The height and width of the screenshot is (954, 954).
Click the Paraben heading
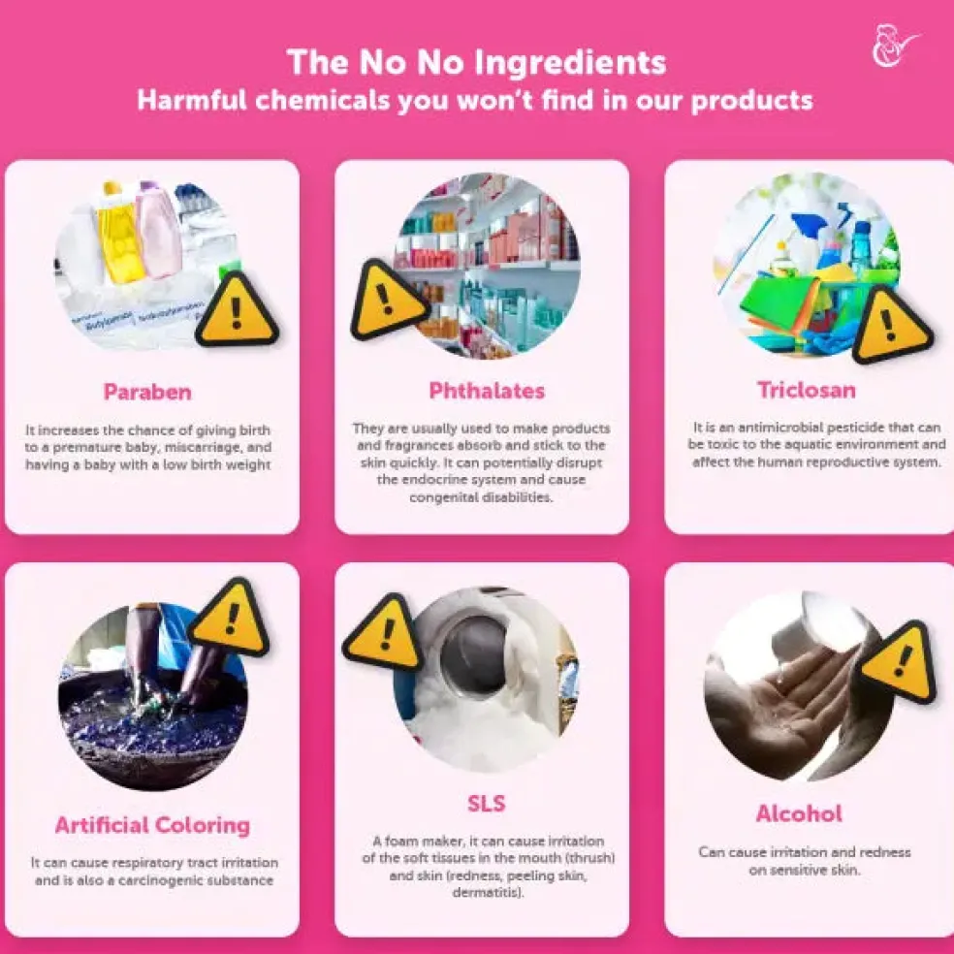pyautogui.click(x=147, y=393)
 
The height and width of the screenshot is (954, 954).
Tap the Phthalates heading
pyautogui.click(x=487, y=391)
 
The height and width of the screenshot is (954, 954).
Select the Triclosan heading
pyautogui.click(x=807, y=390)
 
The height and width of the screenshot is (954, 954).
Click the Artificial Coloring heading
pyautogui.click(x=152, y=826)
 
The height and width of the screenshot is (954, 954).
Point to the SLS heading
pyautogui.click(x=486, y=804)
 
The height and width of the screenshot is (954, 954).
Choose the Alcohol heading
pyautogui.click(x=799, y=813)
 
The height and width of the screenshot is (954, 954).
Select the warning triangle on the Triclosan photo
pyautogui.click(x=888, y=326)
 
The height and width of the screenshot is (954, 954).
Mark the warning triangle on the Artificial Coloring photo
pyautogui.click(x=230, y=620)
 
